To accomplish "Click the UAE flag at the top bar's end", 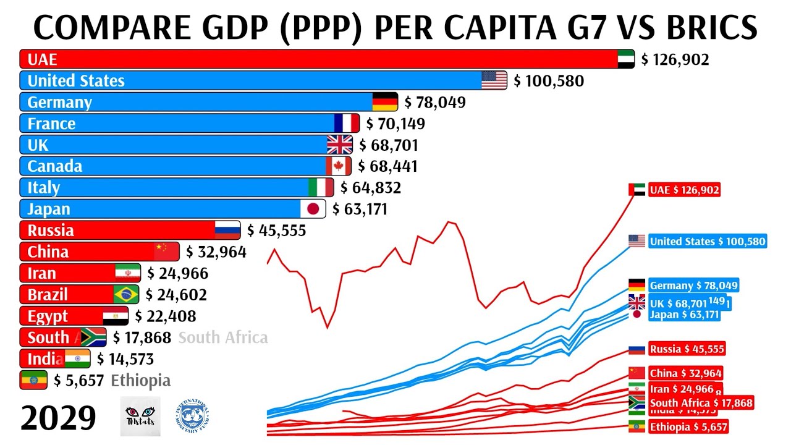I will (626, 59).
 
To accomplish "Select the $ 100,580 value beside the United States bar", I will (548, 81).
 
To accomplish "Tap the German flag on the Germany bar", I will (385, 102).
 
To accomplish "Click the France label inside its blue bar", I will (51, 124).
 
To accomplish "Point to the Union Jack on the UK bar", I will (339, 145).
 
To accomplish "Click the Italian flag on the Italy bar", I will (321, 188).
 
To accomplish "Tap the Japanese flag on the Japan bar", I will (313, 209).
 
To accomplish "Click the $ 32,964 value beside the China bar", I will (216, 252).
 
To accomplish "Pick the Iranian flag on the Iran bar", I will (127, 273).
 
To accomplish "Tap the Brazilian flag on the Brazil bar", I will (126, 295).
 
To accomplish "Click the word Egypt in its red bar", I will (48, 316).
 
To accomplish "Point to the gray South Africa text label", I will (223, 337).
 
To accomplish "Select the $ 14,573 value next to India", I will (125, 359).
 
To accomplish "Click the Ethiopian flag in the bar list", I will (33, 380).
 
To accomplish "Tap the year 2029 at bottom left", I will (58, 418).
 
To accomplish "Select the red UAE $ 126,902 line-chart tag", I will (683, 190).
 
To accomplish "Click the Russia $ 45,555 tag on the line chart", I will (686, 349).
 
